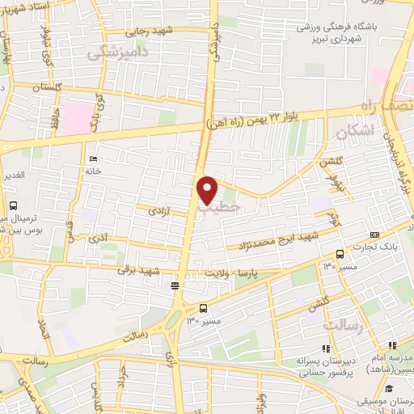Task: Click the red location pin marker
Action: [x=208, y=189]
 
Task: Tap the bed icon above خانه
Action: [x=95, y=158]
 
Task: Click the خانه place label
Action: [x=94, y=171]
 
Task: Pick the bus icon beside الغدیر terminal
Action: [x=14, y=206]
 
